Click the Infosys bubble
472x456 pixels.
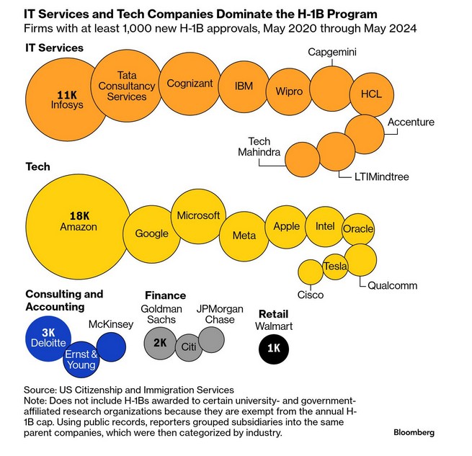[x=67, y=99]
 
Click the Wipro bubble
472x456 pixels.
[x=288, y=92]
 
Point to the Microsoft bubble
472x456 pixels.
[x=198, y=215]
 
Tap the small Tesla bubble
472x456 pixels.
[x=335, y=267]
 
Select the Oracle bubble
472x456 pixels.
[x=358, y=229]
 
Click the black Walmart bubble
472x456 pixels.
[x=274, y=348]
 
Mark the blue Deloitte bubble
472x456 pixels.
[x=49, y=339]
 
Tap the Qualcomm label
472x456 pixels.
[x=392, y=285]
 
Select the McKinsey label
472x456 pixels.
[x=110, y=324]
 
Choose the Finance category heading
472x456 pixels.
[x=165, y=295]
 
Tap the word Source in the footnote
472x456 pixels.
[x=40, y=390]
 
